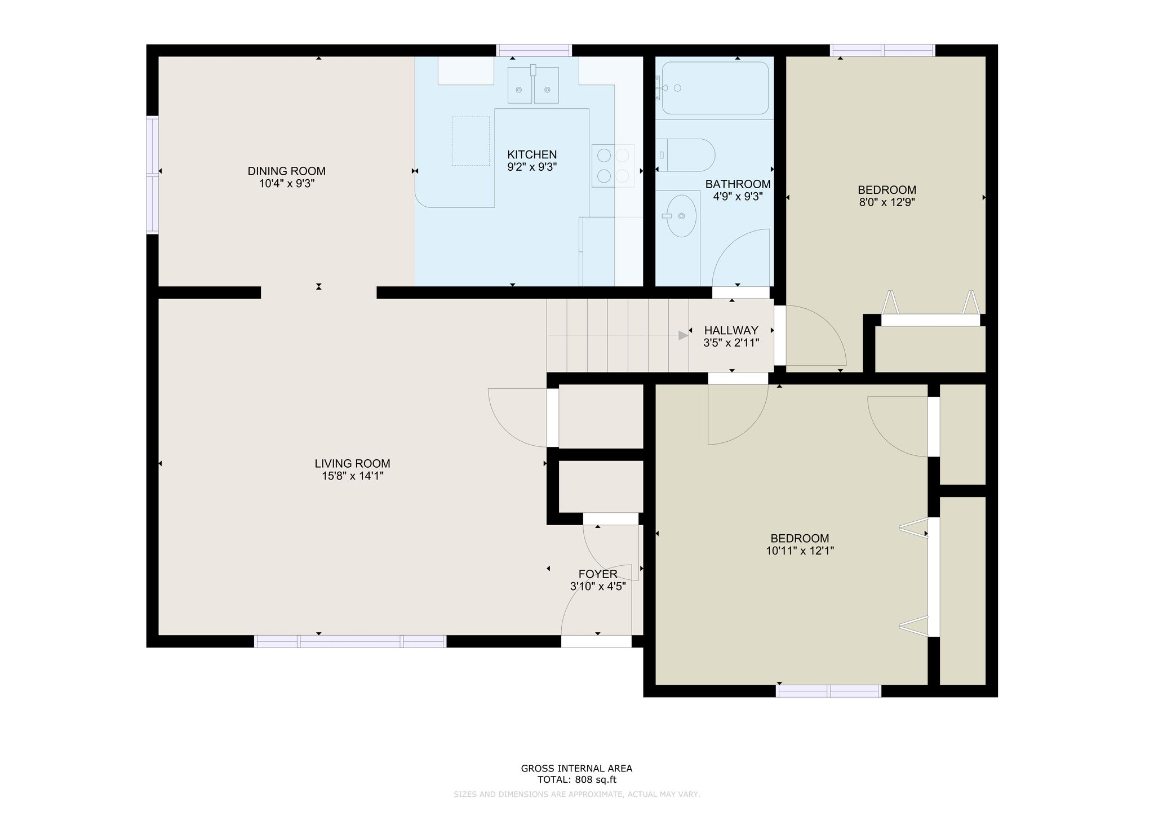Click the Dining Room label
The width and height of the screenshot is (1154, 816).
pos(286,171)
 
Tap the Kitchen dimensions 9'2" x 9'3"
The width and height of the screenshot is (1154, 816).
pos(532,167)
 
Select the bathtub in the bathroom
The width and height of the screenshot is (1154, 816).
pos(715,88)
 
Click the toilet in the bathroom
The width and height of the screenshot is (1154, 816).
pos(685,155)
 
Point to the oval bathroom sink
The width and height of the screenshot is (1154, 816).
pos(681,216)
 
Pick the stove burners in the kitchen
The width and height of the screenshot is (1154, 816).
pos(613,166)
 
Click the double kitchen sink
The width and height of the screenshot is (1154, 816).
pos(533,85)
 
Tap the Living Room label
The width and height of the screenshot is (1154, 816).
pos(352,464)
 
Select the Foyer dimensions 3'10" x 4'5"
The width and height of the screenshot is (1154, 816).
pos(598,586)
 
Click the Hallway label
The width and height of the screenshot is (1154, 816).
pos(731,330)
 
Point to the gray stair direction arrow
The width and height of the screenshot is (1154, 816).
pos(683,335)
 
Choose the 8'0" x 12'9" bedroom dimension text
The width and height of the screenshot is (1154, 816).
pos(886,202)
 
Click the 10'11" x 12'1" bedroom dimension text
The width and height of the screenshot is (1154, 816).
pos(800,551)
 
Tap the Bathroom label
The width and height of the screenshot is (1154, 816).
pos(738,184)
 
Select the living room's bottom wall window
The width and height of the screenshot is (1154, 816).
pos(350,641)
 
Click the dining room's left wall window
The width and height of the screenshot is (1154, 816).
pos(152,175)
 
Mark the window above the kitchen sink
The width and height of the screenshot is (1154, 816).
pos(534,50)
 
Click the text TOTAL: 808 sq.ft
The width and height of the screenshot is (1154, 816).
pos(576,780)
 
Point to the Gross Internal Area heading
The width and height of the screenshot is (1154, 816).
pos(576,768)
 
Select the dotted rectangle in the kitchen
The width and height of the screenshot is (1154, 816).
pos(471,141)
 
